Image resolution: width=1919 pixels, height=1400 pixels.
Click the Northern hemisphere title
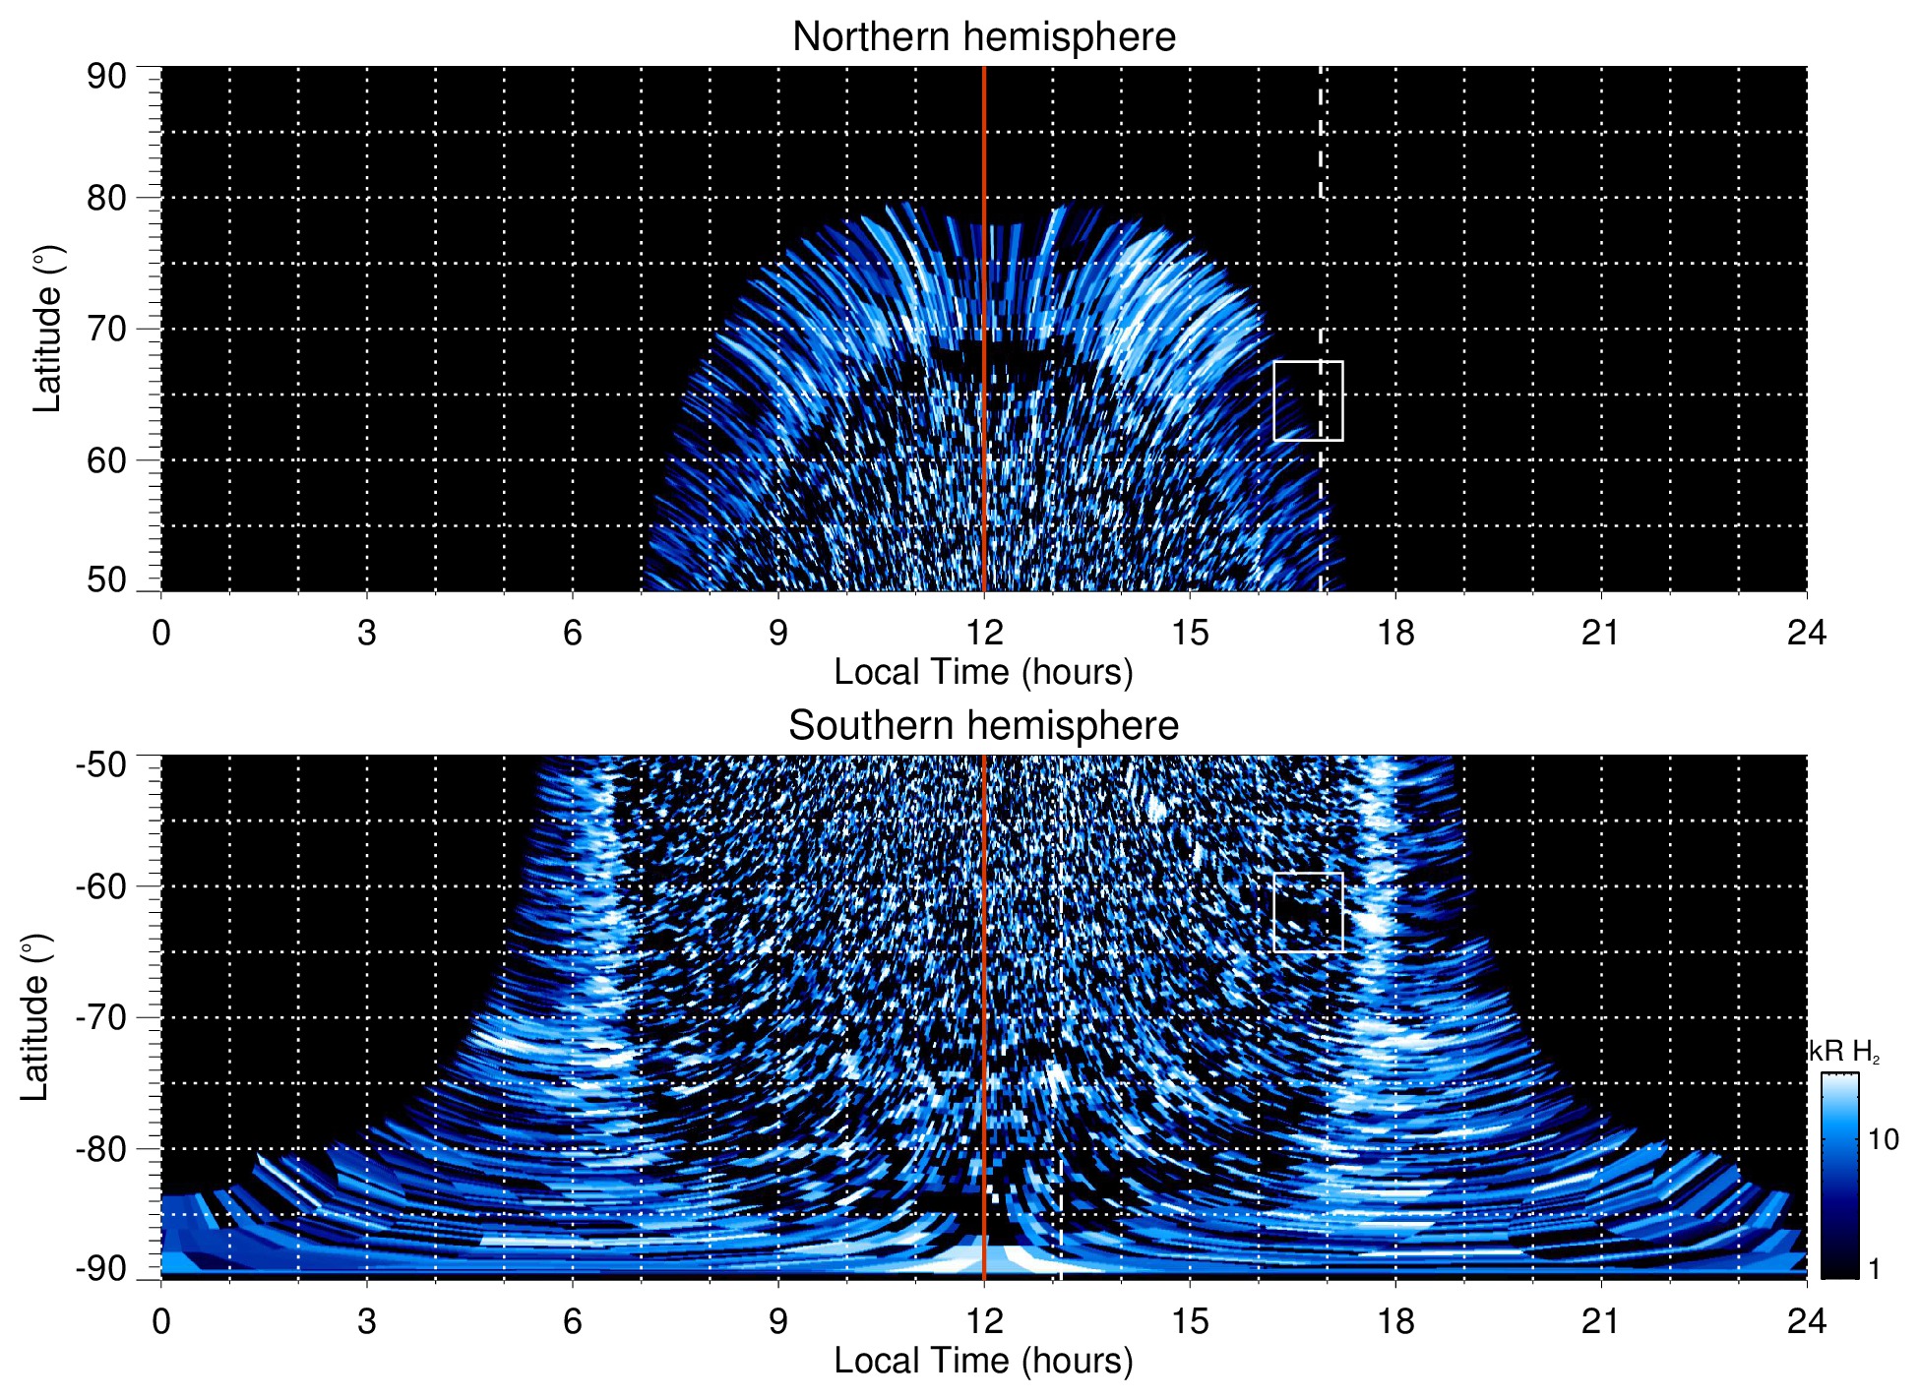click(983, 37)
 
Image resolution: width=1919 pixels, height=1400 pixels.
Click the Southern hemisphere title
click(983, 726)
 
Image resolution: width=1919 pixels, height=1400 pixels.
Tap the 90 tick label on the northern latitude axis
click(106, 76)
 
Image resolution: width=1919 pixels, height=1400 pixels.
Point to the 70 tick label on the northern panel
click(106, 329)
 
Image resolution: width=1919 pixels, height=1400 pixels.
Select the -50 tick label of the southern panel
click(100, 764)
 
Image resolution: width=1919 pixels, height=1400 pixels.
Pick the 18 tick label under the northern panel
click(1395, 633)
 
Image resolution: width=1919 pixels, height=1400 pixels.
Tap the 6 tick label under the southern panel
click(572, 1321)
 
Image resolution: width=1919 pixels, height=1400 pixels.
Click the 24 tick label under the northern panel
click(1806, 633)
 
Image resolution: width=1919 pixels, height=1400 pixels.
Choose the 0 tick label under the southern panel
click(161, 1321)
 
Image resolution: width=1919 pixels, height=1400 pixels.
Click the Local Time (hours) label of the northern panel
click(983, 673)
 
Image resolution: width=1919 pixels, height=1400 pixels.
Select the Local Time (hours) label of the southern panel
click(983, 1362)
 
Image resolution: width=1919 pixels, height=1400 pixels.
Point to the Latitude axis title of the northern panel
click(46, 329)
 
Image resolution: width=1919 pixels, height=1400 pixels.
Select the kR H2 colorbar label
click(1844, 1052)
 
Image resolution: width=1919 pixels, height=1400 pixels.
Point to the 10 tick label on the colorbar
click(1883, 1140)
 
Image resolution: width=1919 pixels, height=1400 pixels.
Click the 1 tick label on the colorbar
click(1874, 1269)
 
